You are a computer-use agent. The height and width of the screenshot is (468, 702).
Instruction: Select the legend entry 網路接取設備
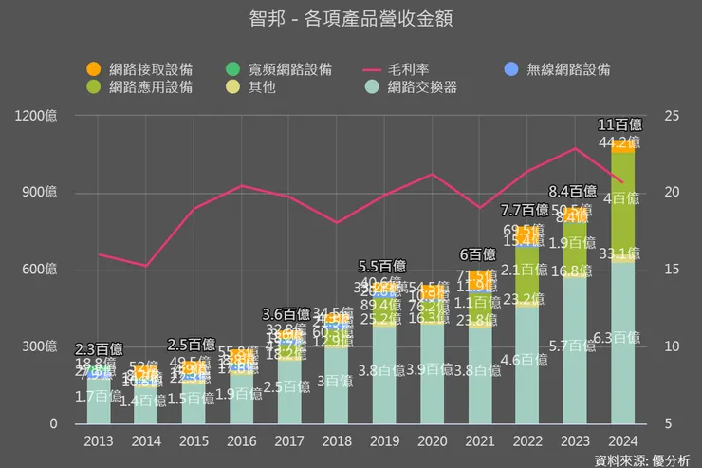click(x=141, y=69)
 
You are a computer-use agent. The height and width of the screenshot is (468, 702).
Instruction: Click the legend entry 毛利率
click(x=408, y=69)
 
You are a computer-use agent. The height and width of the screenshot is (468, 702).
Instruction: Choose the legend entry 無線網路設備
click(x=560, y=69)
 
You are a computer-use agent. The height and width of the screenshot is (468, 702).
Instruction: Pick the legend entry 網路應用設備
click(x=141, y=86)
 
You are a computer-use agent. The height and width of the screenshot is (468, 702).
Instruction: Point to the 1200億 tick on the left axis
click(x=36, y=116)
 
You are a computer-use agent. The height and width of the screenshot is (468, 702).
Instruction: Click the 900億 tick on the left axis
click(x=39, y=193)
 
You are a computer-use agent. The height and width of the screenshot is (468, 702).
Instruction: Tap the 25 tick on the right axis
click(x=672, y=116)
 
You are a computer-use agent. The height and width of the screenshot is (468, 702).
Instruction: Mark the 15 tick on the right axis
click(x=672, y=270)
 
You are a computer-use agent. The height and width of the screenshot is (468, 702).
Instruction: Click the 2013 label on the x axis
click(x=99, y=441)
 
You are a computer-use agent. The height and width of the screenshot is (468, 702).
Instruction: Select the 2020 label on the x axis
click(x=433, y=441)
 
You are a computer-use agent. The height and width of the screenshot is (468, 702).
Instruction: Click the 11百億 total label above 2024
click(x=621, y=124)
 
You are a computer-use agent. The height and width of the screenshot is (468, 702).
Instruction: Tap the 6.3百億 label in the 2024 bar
click(x=621, y=338)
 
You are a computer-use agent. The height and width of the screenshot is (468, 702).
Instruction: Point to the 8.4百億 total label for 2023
click(x=573, y=191)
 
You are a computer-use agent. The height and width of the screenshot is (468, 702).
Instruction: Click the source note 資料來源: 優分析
click(x=641, y=459)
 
